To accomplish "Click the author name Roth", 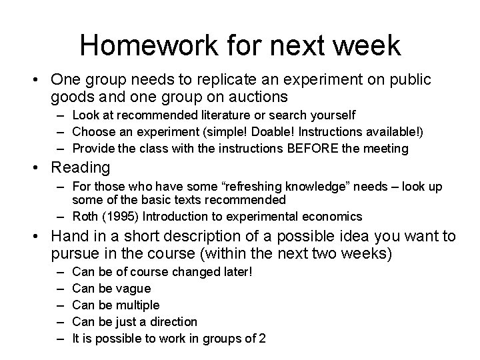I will [x=86, y=215].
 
